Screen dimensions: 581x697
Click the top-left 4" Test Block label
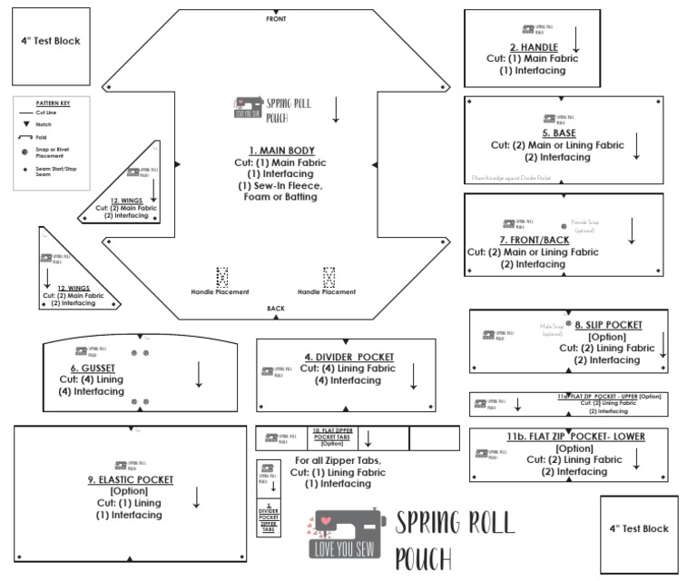point(51,41)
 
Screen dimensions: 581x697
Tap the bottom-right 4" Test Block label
point(639,528)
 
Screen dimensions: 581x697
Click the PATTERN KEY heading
point(54,103)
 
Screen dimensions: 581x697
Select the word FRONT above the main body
point(277,18)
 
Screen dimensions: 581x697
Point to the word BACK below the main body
point(276,309)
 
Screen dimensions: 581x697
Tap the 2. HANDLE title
point(533,46)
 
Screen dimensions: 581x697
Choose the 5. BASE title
point(554,133)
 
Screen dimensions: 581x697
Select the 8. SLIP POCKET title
point(608,324)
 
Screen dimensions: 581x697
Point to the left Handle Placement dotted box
point(221,276)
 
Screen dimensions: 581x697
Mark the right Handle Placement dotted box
point(329,276)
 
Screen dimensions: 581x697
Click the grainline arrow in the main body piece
point(336,108)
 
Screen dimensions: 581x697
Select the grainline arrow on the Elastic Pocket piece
point(197,497)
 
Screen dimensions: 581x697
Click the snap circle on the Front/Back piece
point(564,223)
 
